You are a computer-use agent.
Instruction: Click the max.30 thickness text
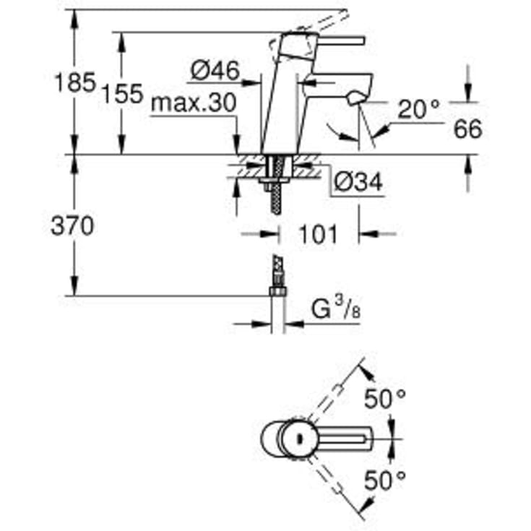(x=194, y=104)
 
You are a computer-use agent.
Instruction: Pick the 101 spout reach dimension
(x=318, y=233)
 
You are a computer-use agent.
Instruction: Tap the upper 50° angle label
(x=385, y=399)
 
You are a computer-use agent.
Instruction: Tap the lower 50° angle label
(x=385, y=478)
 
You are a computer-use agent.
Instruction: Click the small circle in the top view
(x=297, y=437)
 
